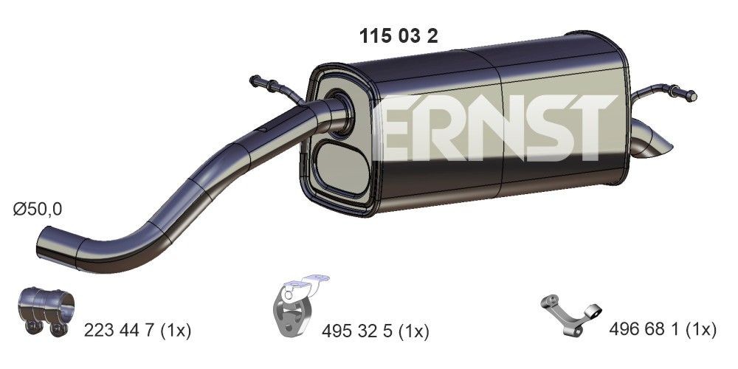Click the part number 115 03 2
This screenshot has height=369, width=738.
click(x=398, y=37)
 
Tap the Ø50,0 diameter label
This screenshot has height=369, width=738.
click(x=38, y=209)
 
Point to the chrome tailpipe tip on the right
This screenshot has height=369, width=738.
click(x=653, y=145)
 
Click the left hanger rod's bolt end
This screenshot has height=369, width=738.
click(x=258, y=80)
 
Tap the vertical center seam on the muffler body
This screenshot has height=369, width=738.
click(x=503, y=125)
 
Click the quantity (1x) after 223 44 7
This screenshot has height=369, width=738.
click(x=174, y=330)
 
